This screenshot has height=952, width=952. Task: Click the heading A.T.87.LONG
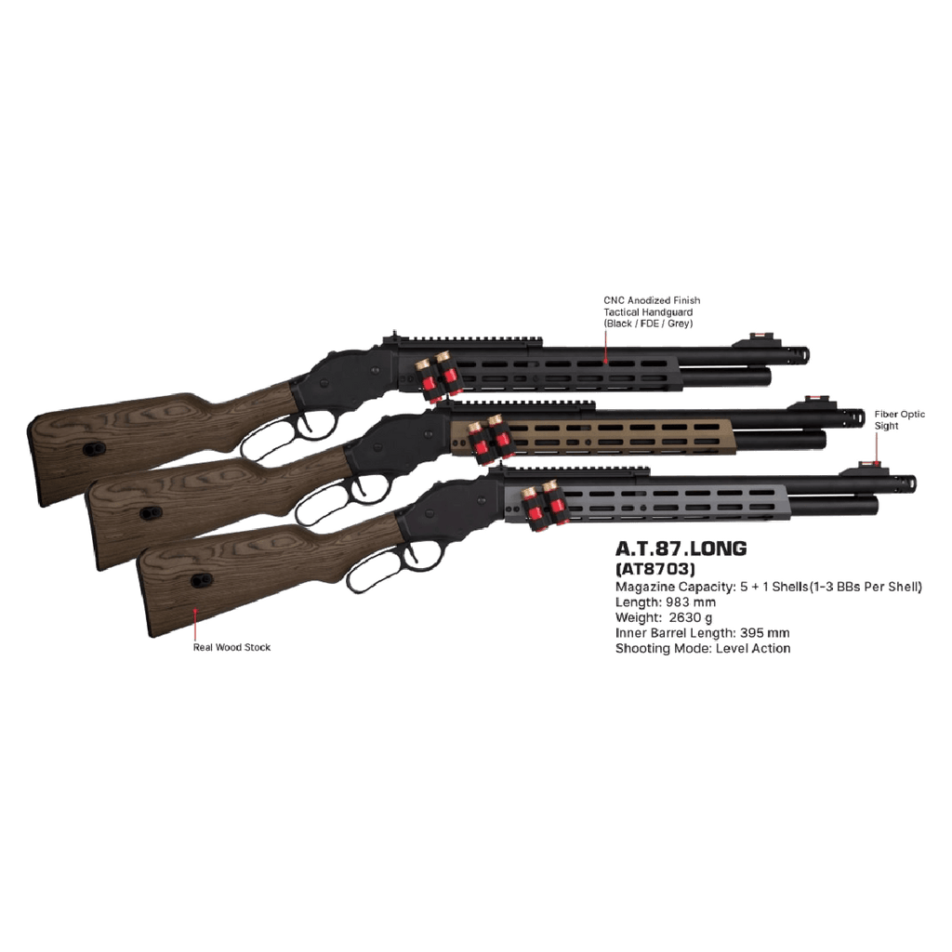pos(681,549)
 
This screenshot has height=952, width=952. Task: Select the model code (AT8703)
pos(655,568)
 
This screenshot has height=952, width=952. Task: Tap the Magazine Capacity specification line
pos(769,587)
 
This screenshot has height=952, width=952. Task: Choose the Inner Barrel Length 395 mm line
pos(703,634)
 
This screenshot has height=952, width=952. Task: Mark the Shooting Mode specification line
pos(703,649)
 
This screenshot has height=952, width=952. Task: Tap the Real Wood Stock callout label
pos(232,647)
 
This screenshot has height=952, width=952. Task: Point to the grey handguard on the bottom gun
pos(669,503)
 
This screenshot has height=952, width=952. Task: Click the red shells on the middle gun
pos(489,438)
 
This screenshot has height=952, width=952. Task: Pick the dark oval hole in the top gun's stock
pos(92,449)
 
